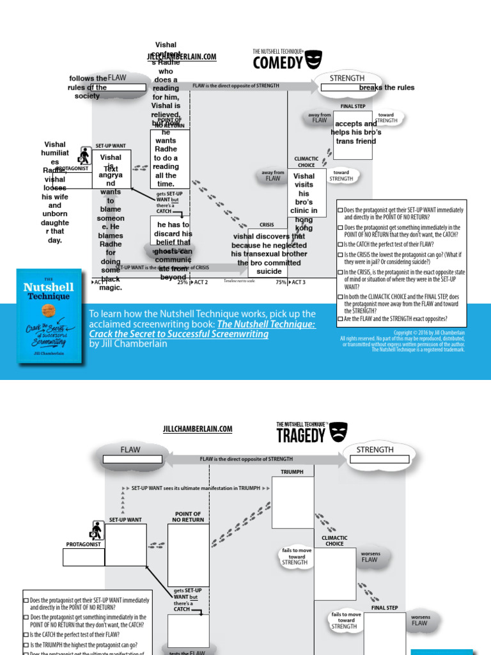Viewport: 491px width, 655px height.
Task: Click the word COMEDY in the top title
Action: point(277,63)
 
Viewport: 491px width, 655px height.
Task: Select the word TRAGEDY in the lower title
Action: point(300,436)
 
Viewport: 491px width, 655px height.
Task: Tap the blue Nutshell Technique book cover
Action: point(50,316)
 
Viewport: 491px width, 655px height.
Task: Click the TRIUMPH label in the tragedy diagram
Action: point(292,472)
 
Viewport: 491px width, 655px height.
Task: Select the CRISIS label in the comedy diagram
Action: point(267,225)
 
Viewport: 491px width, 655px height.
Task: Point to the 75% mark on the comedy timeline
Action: point(280,282)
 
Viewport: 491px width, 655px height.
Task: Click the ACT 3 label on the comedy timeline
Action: point(298,282)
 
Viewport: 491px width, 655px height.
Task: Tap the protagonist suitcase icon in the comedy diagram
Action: point(84,155)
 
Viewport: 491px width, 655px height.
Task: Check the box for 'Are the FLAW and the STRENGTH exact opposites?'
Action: point(340,319)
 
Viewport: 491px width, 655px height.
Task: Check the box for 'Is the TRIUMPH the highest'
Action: point(26,645)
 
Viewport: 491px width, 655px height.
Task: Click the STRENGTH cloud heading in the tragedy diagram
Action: point(375,450)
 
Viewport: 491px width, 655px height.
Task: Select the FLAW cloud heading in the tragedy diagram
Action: point(130,450)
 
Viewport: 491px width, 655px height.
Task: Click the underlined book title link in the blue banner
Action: point(203,329)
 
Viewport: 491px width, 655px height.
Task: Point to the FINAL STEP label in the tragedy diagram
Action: point(384,608)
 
